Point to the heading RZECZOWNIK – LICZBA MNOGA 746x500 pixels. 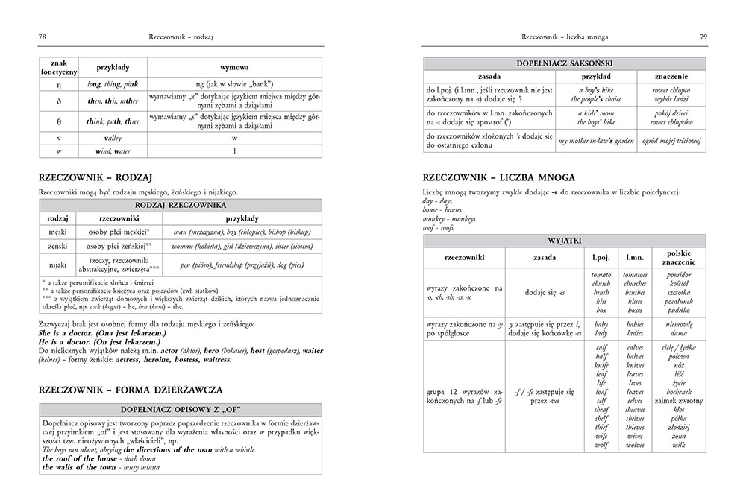tap(497, 179)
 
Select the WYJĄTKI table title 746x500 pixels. tap(564, 240)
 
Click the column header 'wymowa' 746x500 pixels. tap(234, 66)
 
